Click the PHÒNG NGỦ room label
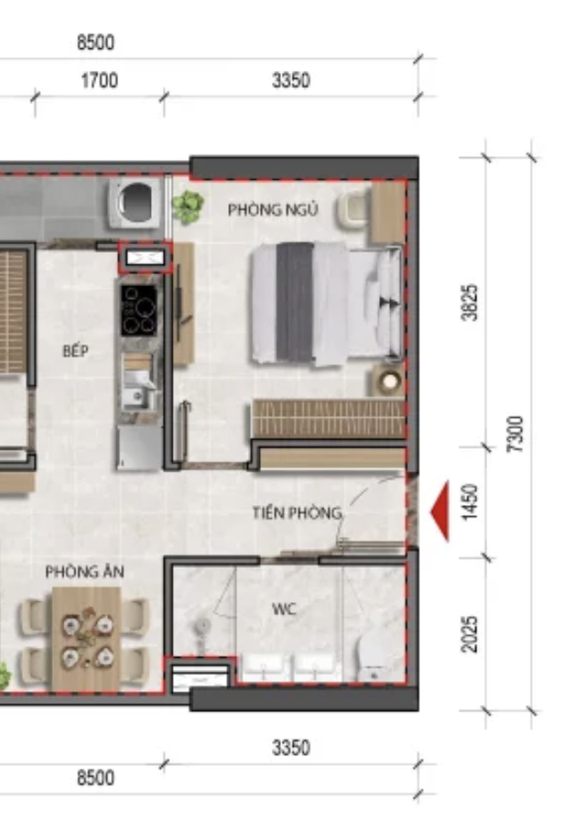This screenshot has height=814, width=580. click(x=273, y=209)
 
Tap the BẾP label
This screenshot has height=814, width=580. click(x=75, y=351)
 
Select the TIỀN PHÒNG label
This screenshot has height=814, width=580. click(x=297, y=513)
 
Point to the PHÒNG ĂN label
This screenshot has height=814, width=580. click(x=85, y=571)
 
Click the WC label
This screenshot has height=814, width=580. click(x=285, y=609)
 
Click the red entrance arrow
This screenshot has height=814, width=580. click(x=440, y=511)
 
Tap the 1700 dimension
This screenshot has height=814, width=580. click(x=99, y=81)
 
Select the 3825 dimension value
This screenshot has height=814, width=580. click(x=469, y=303)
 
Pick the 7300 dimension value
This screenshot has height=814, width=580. click(x=515, y=434)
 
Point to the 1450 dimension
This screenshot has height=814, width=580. click(x=469, y=502)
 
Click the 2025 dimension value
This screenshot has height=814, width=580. click(x=469, y=634)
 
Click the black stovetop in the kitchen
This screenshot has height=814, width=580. click(x=139, y=311)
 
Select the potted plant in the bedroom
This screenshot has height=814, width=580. click(x=187, y=206)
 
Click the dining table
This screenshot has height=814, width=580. click(x=86, y=639)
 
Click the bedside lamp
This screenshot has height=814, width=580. click(x=389, y=382)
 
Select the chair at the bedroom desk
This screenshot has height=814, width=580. click(x=355, y=209)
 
